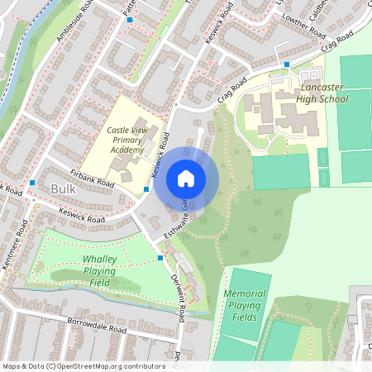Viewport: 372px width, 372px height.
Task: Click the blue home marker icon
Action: click(186, 179)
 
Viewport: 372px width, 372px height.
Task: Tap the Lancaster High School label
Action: click(312, 92)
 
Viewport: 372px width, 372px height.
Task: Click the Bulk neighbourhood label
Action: click(63, 188)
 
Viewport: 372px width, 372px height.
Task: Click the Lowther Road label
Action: click(303, 26)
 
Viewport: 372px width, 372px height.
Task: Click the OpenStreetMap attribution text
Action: click(83, 365)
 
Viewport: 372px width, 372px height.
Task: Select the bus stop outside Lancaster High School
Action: click(287, 64)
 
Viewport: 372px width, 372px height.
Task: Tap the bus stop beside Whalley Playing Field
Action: click(160, 258)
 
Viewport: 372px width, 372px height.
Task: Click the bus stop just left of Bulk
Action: click(31, 182)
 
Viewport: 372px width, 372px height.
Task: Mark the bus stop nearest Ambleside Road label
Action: click(130, 18)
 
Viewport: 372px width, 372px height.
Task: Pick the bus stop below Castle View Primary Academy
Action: click(146, 189)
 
